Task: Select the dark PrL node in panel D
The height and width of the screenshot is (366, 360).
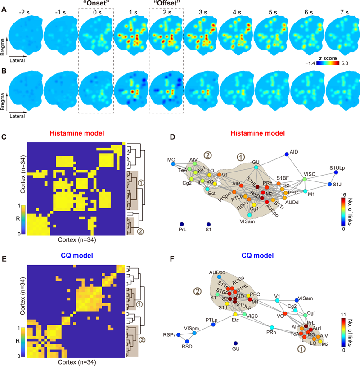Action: pos(181,224)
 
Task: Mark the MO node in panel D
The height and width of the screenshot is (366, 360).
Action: pos(172,164)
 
